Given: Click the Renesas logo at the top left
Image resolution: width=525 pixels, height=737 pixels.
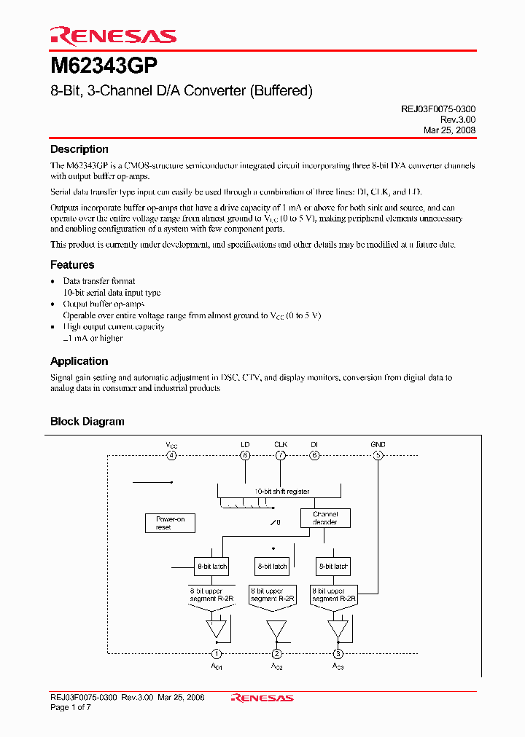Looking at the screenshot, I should click(113, 36).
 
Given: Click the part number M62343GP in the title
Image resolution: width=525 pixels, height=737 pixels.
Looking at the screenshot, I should click(104, 67).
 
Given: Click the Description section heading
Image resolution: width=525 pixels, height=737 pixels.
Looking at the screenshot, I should click(79, 149).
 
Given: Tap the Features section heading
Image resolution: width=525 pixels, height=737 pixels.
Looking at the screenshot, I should click(72, 265).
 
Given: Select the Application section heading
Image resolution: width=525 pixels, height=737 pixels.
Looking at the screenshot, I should click(79, 361).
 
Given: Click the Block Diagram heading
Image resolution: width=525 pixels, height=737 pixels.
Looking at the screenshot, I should click(87, 422).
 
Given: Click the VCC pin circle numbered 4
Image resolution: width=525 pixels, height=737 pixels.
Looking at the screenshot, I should click(171, 456).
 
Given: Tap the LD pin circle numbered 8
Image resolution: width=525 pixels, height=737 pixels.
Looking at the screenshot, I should click(245, 456).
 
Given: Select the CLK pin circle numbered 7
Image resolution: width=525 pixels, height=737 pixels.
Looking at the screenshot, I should click(281, 456).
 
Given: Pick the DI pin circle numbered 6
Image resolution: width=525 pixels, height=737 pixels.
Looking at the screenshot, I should click(314, 456).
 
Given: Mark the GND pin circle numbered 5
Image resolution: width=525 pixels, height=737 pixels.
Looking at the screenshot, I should click(378, 456).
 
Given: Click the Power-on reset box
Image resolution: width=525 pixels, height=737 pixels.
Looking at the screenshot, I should click(170, 523).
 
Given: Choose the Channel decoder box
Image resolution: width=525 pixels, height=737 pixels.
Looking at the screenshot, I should click(325, 518).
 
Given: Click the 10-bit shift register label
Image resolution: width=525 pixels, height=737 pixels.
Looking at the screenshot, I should click(282, 492).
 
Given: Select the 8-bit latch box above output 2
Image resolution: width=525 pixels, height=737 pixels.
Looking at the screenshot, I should click(272, 566).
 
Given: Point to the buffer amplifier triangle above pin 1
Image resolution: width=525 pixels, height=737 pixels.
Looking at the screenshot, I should click(217, 628).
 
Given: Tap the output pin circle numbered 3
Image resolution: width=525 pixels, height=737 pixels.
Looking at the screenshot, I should click(338, 654).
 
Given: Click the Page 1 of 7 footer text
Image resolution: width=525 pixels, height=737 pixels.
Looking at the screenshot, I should click(71, 707).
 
